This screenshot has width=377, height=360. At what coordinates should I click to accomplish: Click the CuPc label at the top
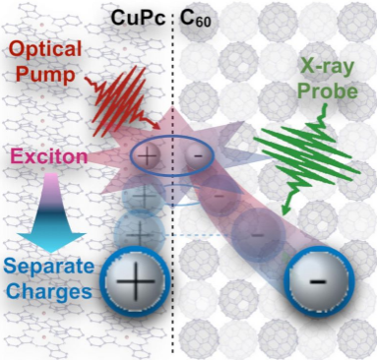[x=138, y=18]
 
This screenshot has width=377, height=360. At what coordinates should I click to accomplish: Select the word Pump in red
[x=44, y=75]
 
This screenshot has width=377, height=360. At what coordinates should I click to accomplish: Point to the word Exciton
[x=50, y=156]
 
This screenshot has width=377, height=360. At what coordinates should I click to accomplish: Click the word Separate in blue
[x=49, y=266]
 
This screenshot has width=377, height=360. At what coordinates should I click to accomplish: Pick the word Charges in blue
[x=50, y=290]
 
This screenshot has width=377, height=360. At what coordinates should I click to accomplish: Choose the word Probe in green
[x=327, y=90]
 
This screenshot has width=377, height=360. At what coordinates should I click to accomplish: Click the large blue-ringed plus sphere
[x=136, y=281]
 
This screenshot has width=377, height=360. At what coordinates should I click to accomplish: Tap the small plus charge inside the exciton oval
[x=147, y=154]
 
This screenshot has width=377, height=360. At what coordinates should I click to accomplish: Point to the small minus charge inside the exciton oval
[x=198, y=155]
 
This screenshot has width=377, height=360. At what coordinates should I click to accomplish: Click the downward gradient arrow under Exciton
[x=51, y=212]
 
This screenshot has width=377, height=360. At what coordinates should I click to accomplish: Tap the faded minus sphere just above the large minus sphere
[x=257, y=235]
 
